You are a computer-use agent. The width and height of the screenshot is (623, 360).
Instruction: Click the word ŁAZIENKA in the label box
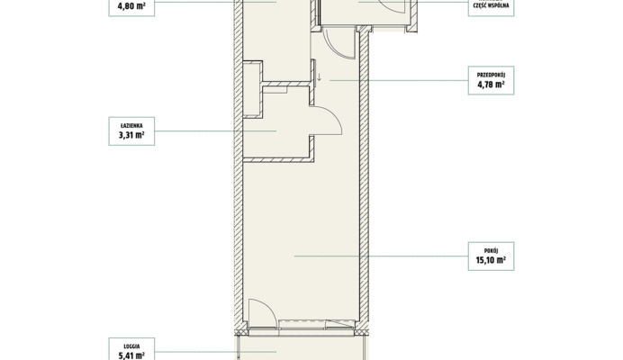131,126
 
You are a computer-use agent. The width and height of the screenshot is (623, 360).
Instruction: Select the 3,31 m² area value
131,135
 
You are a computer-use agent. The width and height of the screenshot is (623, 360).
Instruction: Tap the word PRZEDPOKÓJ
491,75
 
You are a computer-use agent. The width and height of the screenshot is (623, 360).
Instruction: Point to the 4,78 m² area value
491,85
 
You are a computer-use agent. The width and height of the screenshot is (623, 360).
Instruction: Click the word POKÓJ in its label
491,251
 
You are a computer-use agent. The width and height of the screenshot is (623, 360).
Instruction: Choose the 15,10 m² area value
491,260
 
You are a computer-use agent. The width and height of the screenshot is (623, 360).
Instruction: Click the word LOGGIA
131,346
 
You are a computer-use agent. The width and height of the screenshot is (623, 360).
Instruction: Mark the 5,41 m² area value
131,355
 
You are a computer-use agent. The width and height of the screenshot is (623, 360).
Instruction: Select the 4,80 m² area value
131,6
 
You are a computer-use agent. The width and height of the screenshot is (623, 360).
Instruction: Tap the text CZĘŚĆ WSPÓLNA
491,5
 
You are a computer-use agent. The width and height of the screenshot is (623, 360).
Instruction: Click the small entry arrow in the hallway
319,77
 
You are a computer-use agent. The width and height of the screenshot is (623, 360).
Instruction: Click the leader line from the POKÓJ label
382,256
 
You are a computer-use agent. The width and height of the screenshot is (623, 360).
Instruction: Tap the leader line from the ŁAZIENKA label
215,130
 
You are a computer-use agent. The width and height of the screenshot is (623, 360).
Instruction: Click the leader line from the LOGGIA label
215,352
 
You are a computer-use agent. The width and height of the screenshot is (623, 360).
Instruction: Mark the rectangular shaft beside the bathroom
252,89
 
